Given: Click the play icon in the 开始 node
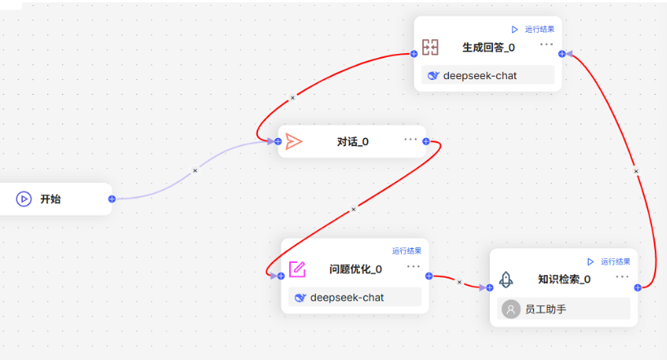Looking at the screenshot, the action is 24,198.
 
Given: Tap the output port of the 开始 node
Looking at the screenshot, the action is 112,198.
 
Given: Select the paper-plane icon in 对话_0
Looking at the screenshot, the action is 294,141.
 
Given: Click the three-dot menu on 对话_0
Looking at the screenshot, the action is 411,139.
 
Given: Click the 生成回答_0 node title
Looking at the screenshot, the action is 488,47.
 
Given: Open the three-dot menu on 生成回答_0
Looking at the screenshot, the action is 547,44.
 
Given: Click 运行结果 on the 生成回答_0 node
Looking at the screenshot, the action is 540,29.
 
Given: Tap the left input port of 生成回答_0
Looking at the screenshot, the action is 414,54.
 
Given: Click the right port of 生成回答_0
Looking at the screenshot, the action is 562,54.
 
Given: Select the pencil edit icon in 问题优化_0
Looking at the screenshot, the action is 297,269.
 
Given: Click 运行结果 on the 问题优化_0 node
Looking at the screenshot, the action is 407,251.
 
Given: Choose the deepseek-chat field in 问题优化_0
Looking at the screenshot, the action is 355,297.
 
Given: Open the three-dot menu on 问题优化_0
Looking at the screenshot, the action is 413,266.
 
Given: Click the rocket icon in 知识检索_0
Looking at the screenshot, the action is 506,279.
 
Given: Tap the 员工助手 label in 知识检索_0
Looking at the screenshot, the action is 545,309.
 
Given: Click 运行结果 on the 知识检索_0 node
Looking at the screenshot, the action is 615,262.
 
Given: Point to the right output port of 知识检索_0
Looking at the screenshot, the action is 638,287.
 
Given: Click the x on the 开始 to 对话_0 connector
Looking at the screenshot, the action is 195,171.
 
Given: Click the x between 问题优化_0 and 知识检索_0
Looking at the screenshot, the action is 459,282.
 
